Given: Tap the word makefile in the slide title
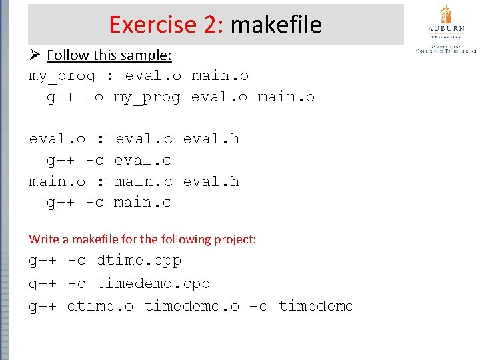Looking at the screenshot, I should [x=275, y=25].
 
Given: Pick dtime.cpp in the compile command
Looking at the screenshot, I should [x=138, y=260].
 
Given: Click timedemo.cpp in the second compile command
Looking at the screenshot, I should [x=153, y=283].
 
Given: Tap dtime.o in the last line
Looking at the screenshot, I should [x=100, y=306].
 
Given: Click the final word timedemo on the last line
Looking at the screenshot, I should [x=316, y=306].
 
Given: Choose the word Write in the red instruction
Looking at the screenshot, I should [x=41, y=239].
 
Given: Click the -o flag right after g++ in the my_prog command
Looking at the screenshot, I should [x=95, y=97].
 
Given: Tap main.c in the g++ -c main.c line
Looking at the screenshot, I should [x=143, y=202].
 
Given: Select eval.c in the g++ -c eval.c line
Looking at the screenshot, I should [x=143, y=160].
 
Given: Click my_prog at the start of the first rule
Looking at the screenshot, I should [x=62, y=75].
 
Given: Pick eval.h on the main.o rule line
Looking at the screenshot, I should [x=211, y=181].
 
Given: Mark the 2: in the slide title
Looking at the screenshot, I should [x=214, y=25].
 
